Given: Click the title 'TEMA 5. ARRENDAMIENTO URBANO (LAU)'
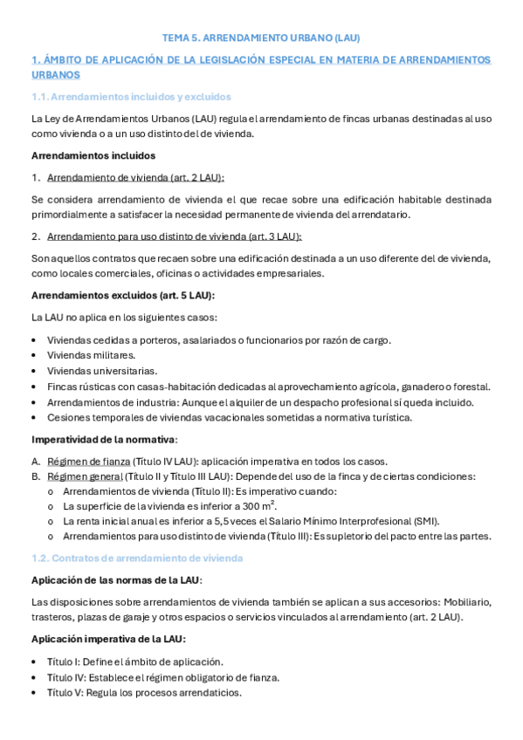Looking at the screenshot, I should click(261, 38).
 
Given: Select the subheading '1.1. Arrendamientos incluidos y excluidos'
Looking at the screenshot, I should click(130, 96).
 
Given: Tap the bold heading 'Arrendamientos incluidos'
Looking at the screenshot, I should click(93, 155).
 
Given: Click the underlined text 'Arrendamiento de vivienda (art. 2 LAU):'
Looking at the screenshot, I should click(135, 177).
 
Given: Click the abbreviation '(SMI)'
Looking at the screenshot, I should click(426, 521).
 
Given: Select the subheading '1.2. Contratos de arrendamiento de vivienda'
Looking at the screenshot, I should click(136, 557).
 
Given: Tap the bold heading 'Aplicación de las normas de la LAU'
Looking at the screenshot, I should click(115, 580).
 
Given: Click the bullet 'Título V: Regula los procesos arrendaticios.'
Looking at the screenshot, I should click(144, 693).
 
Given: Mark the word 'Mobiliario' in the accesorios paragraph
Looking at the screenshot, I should click(467, 602).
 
